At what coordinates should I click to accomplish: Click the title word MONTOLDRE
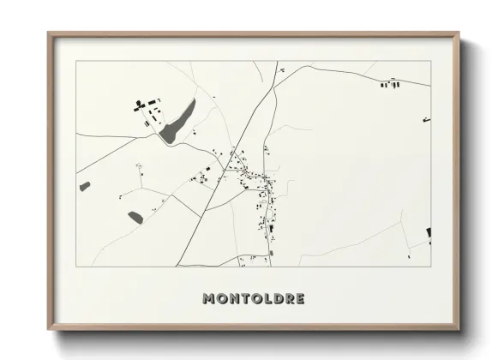pos(253,298)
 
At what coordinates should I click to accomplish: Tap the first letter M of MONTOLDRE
pos(208,298)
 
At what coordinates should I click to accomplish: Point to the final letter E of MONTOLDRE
pos(300,298)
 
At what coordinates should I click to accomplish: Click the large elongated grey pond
pos(178,121)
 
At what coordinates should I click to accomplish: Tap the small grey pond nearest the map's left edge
pos(85,186)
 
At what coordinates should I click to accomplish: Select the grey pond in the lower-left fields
pos(135,217)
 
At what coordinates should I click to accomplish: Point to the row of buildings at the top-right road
pos(391,84)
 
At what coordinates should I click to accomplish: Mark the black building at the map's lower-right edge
pos(429,233)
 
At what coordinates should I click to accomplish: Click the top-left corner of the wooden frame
pos(49,34)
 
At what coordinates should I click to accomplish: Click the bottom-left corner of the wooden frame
pos(49,329)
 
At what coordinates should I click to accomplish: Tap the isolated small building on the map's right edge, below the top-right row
pos(426,120)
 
